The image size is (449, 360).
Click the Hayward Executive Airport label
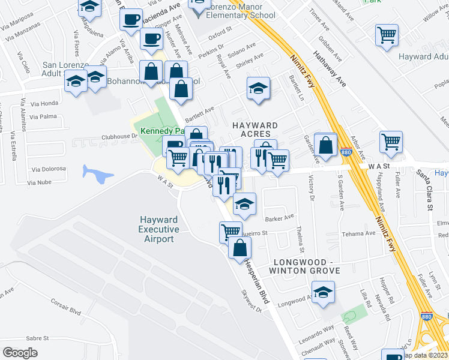159,229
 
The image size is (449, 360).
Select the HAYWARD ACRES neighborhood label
255,129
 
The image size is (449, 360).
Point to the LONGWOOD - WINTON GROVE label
307,266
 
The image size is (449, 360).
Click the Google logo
20,353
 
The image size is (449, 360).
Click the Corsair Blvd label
65,306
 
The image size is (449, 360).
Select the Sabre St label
37,338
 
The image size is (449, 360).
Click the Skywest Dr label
252,301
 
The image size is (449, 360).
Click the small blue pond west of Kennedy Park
98,175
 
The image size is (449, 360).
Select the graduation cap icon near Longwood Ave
324,292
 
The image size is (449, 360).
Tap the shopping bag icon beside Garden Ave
325,146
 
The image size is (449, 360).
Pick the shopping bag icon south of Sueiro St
240,247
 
